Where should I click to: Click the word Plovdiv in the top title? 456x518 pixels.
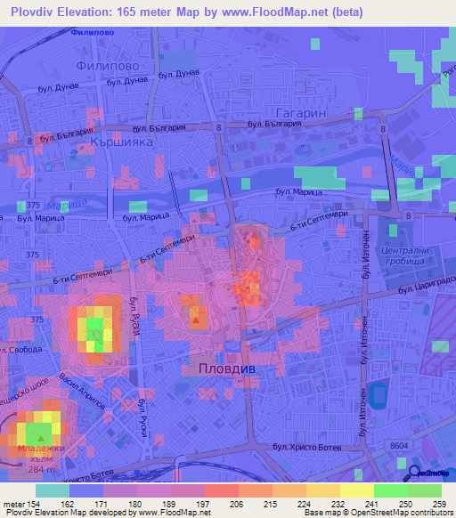click(x=39, y=12)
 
